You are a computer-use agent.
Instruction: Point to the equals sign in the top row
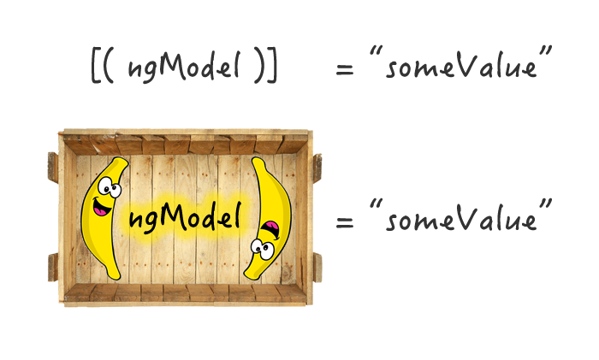[x=345, y=69]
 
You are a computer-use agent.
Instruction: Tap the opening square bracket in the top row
[x=95, y=68]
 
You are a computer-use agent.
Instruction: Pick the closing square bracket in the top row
[x=272, y=68]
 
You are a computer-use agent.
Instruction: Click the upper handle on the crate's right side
[x=317, y=166]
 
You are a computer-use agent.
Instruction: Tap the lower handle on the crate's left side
[x=53, y=266]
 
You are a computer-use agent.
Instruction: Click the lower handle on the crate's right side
[x=317, y=266]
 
